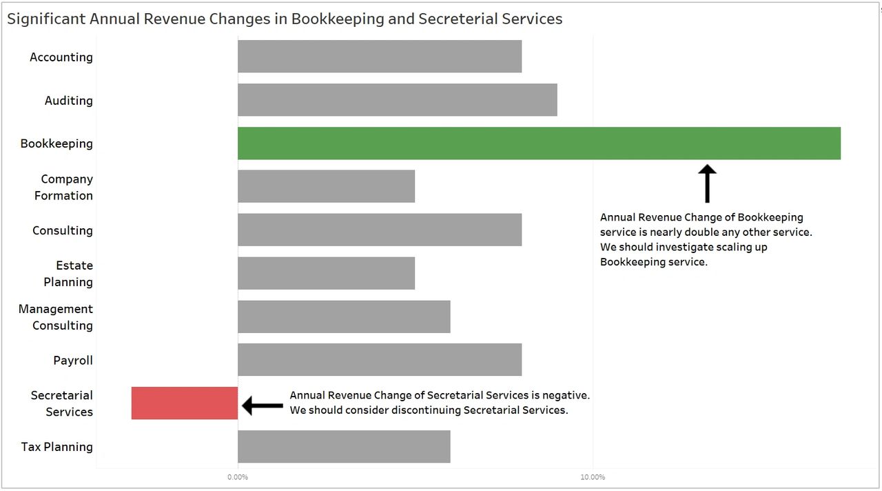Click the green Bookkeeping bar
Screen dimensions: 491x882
tap(539, 143)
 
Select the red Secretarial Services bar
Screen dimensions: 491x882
tap(185, 403)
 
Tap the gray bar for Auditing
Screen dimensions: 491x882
tap(397, 100)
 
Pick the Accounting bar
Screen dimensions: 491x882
tap(380, 57)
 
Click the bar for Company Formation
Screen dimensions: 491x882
tap(326, 186)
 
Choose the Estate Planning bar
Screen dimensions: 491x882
tap(326, 273)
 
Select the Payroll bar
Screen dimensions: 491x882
tap(380, 360)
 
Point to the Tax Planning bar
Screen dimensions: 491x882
tap(344, 447)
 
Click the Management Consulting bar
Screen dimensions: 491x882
tap(344, 317)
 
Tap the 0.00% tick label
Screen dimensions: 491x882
tap(238, 477)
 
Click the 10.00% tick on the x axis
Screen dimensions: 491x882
tap(593, 477)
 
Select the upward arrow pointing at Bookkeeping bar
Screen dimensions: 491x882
tap(707, 183)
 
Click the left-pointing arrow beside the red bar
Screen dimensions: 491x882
tap(263, 405)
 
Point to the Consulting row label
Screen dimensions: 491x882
tap(62, 230)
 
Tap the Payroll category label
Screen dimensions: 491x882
tap(72, 361)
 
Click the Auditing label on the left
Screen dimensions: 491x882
tap(68, 101)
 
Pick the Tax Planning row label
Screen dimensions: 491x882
tap(57, 447)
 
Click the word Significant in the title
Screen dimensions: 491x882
tap(45, 19)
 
